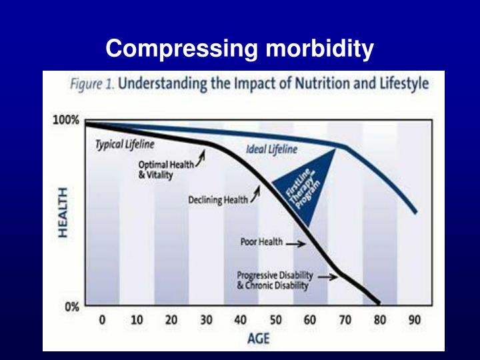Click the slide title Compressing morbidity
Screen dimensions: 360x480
[240, 49]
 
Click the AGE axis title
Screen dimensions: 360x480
[258, 338]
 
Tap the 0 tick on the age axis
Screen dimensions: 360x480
[102, 320]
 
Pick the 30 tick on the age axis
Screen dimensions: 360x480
[206, 320]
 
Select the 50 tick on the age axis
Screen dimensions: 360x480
[275, 320]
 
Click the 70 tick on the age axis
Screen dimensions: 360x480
[345, 320]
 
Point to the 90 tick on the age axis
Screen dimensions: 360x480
[414, 320]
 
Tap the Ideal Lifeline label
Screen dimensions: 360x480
[271, 149]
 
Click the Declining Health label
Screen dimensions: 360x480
[217, 201]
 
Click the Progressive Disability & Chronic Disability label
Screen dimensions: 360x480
[275, 281]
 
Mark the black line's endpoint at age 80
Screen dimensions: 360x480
[379, 301]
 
